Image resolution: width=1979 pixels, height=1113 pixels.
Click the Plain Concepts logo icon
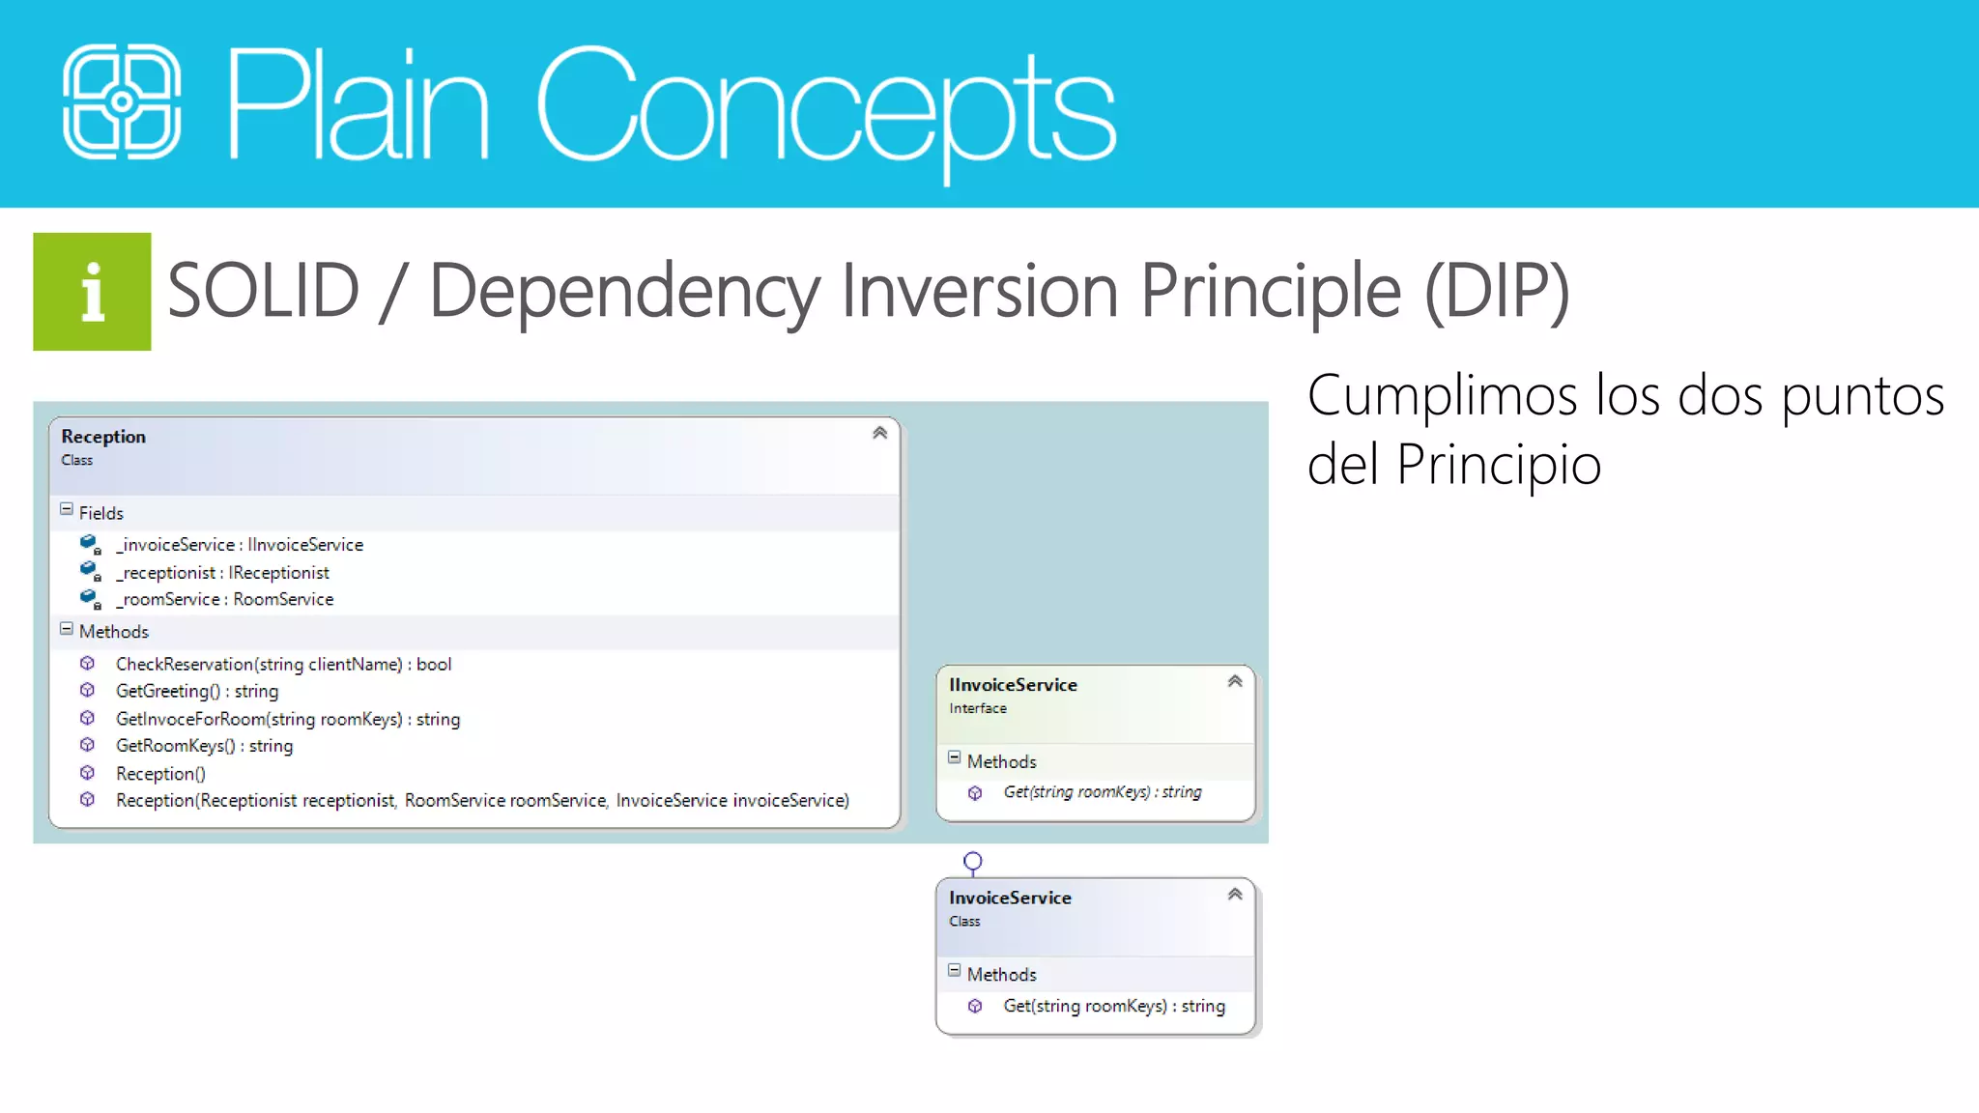122,101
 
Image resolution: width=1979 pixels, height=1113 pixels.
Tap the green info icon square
92,292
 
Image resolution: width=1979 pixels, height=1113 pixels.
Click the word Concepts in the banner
826,106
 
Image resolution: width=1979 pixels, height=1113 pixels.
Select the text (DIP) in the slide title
1497,291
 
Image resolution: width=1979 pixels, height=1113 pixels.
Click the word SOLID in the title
264,291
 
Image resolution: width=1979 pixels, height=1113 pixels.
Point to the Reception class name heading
103,437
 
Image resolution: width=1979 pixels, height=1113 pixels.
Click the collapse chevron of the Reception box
879,433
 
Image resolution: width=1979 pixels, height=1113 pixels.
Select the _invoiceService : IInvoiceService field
240,545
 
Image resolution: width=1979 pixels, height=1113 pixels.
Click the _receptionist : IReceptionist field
222,573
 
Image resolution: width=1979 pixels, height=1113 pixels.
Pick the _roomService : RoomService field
224,599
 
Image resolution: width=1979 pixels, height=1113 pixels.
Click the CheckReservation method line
283,665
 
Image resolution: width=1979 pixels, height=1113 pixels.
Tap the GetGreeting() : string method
197,692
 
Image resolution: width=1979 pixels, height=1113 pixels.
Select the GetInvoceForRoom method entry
288,720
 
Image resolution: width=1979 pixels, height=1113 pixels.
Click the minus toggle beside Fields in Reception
67,509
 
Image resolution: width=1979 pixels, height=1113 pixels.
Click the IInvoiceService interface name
1013,685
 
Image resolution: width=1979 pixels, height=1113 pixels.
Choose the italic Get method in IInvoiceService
1102,792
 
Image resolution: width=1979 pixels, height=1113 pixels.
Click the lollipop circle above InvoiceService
973,861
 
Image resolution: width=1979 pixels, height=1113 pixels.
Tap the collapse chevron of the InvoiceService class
1235,895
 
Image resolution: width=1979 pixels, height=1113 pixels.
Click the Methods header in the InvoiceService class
1001,975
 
